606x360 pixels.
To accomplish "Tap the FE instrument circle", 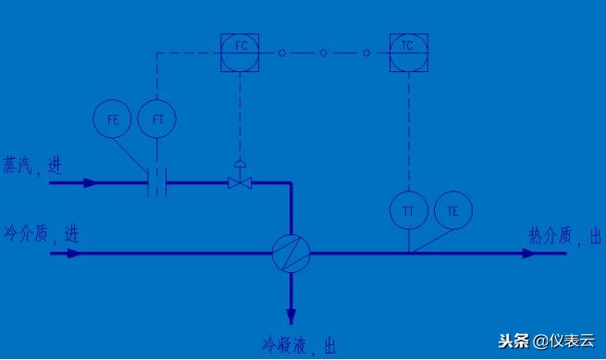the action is pyautogui.click(x=112, y=119).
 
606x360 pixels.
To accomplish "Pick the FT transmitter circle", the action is pyautogui.click(x=156, y=119).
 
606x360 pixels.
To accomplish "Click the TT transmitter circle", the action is pyautogui.click(x=408, y=211).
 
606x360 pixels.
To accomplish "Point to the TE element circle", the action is pyautogui.click(x=452, y=211).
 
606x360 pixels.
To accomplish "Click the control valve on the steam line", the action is pyautogui.click(x=241, y=183).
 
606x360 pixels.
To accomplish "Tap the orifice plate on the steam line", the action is pyautogui.click(x=156, y=183).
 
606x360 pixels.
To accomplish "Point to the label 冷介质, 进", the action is pyautogui.click(x=40, y=233).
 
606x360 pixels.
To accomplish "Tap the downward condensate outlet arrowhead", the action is pyautogui.click(x=291, y=314).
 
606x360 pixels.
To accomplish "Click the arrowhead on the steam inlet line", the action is pyautogui.click(x=89, y=183).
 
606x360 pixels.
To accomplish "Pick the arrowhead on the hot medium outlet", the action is pyautogui.click(x=527, y=253).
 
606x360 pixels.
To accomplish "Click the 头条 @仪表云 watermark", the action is pyautogui.click(x=551, y=341).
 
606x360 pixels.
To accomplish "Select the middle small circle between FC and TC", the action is pyautogui.click(x=323, y=53).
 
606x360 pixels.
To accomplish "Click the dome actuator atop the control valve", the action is pyautogui.click(x=241, y=166).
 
